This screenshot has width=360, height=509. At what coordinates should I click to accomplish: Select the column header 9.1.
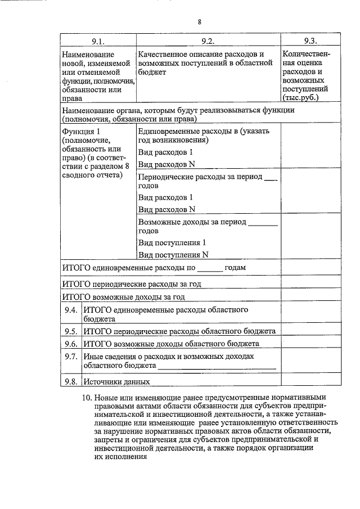98,41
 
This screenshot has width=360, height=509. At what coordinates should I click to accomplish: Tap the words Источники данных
116,381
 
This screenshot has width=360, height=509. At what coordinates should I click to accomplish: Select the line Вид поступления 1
172,242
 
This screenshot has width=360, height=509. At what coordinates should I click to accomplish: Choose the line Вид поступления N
173,254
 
